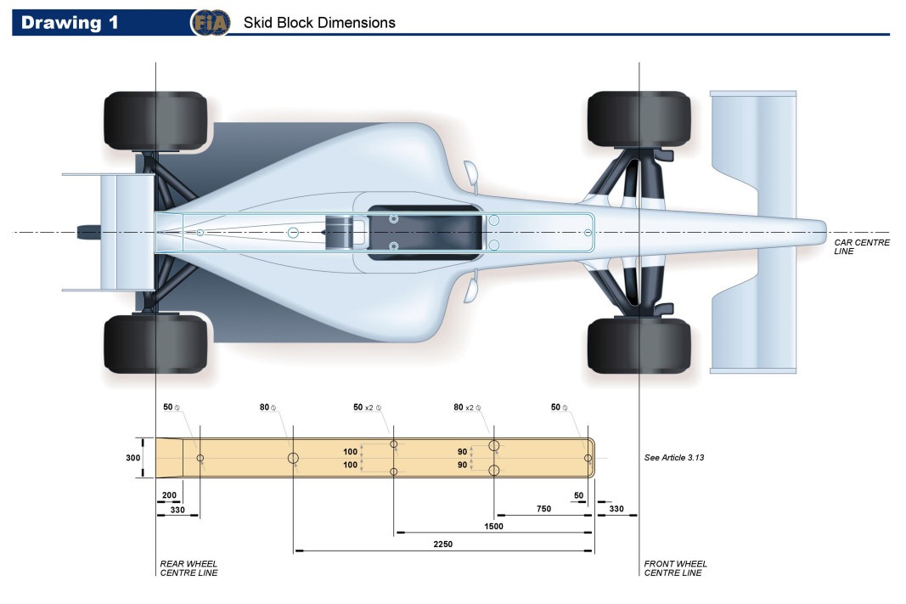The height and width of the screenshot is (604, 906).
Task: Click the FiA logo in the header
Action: [210, 23]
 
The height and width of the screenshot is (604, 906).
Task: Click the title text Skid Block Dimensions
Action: [319, 23]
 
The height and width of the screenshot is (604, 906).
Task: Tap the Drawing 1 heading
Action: [70, 23]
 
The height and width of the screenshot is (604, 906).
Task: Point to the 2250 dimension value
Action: [443, 544]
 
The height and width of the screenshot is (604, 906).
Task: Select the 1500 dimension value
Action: [493, 526]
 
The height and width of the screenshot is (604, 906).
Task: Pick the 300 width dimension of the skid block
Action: [132, 458]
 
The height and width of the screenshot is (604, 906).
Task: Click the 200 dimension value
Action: [169, 494]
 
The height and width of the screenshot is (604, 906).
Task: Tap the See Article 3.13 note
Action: [674, 458]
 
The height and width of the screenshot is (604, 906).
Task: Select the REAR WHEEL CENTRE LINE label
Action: [189, 568]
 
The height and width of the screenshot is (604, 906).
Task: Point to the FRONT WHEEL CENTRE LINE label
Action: [675, 568]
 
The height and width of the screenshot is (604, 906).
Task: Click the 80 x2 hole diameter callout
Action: [466, 408]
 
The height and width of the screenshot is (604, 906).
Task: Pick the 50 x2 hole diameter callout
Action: [365, 408]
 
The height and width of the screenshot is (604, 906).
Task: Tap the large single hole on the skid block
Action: [293, 459]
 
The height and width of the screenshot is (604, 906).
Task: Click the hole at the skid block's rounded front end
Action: [588, 458]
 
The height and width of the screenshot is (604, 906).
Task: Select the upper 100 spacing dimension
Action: [350, 451]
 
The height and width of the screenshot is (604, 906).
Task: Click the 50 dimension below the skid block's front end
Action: [579, 494]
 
